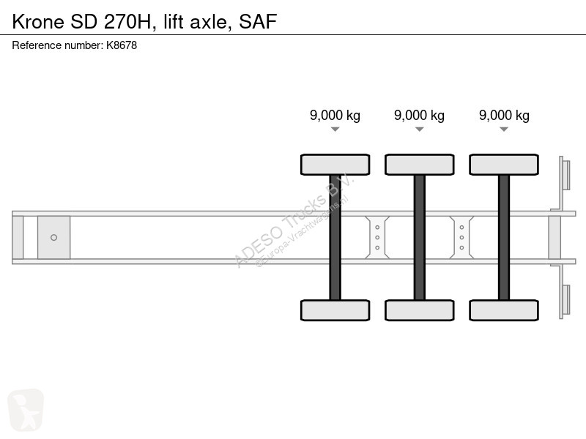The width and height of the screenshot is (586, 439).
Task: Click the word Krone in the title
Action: (x=38, y=22)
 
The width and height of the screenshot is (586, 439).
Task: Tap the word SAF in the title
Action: (x=258, y=22)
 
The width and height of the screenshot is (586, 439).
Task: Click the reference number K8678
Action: (x=122, y=45)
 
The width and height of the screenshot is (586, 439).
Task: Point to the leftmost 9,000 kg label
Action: (x=335, y=116)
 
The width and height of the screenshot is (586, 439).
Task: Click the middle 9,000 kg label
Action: (x=419, y=116)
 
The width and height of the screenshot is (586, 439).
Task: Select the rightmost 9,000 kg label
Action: (x=504, y=116)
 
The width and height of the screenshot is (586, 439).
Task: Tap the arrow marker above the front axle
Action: (x=335, y=130)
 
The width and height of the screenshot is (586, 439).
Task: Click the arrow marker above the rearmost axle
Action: (x=504, y=130)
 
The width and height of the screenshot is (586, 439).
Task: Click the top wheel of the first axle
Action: (x=335, y=165)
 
